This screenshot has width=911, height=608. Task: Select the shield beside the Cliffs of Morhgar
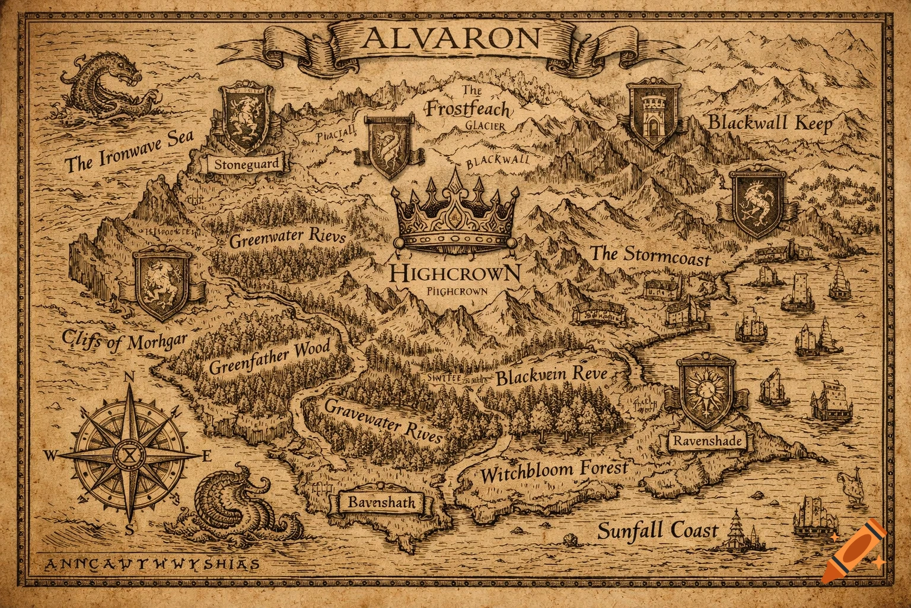click(162, 284)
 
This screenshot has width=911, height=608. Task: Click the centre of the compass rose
click(129, 455)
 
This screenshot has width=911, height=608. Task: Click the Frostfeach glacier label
click(469, 109)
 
